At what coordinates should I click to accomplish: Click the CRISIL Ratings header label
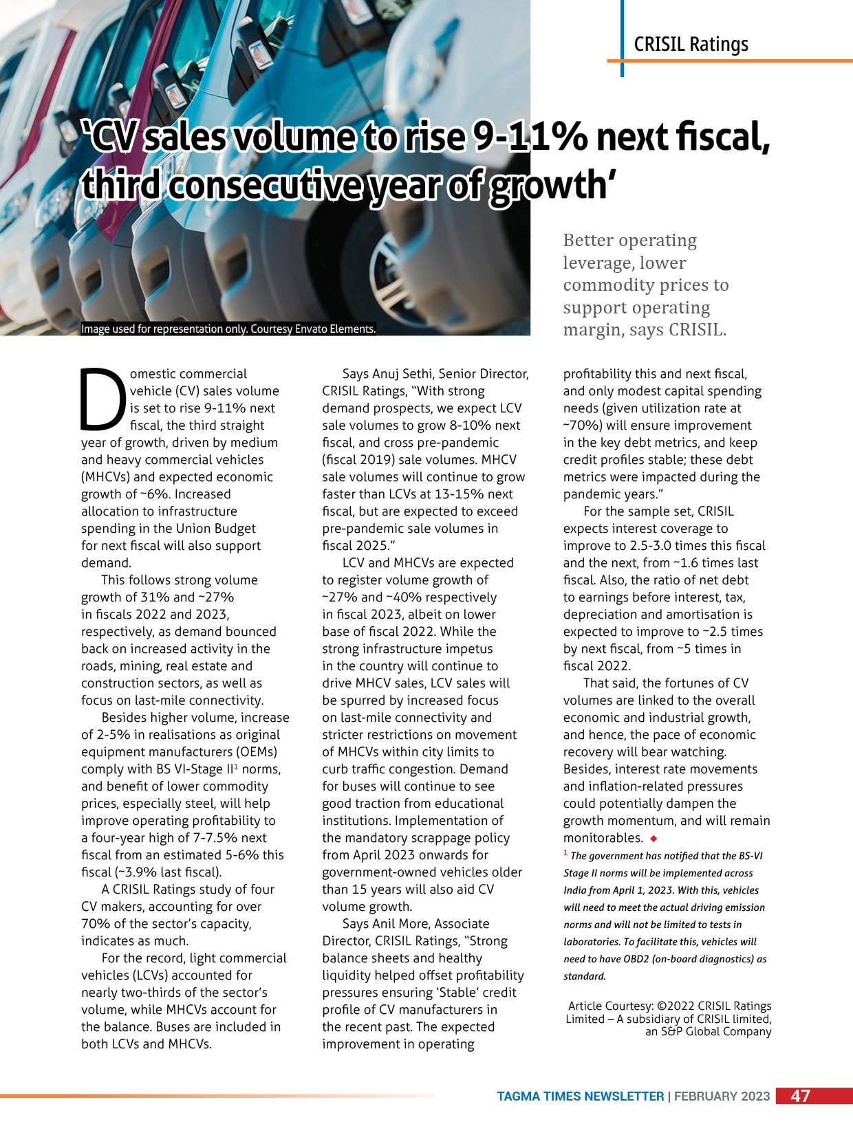click(691, 45)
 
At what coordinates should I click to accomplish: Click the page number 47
click(800, 1096)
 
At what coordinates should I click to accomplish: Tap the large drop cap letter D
click(103, 397)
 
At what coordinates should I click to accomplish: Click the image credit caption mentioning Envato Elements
click(228, 329)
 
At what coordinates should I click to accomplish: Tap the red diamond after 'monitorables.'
click(654, 839)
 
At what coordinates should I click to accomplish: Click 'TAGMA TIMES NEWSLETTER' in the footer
click(581, 1096)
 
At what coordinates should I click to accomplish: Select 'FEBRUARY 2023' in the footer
click(722, 1096)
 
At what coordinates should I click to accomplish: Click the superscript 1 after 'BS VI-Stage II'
click(236, 766)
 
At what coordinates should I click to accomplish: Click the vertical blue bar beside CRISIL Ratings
click(622, 38)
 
